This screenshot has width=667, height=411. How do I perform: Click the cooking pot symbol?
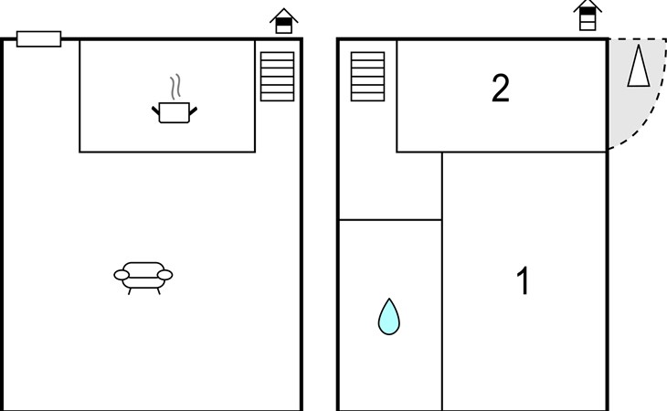pyautogui.click(x=174, y=112)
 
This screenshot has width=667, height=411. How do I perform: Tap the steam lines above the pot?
pyautogui.click(x=175, y=87)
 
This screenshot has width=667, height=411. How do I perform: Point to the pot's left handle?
pyautogui.click(x=155, y=111)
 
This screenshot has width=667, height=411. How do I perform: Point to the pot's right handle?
pyautogui.click(x=193, y=111)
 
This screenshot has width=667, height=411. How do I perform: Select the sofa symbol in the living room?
pyautogui.click(x=143, y=278)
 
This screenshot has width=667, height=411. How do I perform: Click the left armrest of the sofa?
pyautogui.click(x=122, y=275)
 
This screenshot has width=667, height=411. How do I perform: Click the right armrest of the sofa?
pyautogui.click(x=165, y=275)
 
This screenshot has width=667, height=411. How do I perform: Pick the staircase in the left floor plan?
pyautogui.click(x=278, y=77)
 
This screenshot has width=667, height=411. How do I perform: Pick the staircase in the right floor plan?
pyautogui.click(x=368, y=77)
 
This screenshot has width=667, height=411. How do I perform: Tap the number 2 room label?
pyautogui.click(x=501, y=89)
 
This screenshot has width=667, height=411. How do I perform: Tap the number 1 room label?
pyautogui.click(x=524, y=280)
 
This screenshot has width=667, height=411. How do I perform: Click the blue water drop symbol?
pyautogui.click(x=389, y=317)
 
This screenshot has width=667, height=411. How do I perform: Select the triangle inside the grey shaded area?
pyautogui.click(x=639, y=66)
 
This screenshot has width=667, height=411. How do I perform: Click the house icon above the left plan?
pyautogui.click(x=284, y=21)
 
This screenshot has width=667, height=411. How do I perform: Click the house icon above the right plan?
pyautogui.click(x=588, y=16)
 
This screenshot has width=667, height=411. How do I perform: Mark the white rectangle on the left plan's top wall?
pyautogui.click(x=38, y=38)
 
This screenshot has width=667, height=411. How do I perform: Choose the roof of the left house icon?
pyautogui.click(x=284, y=15)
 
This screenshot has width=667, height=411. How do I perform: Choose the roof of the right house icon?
pyautogui.click(x=588, y=5)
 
